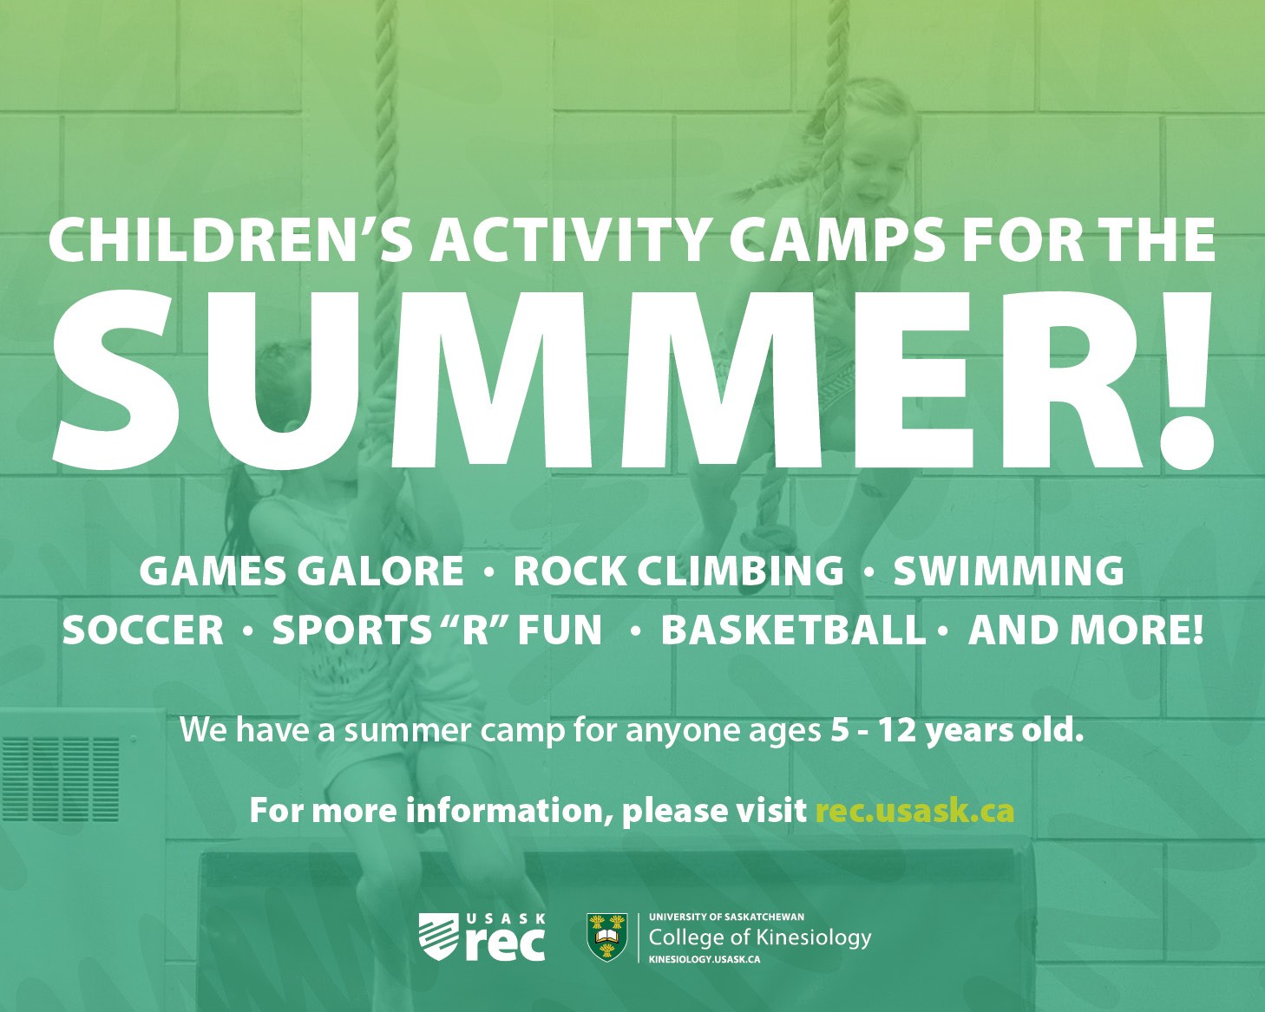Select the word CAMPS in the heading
[x=834, y=240]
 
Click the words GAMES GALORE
[x=302, y=571]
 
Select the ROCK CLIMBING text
[x=678, y=571]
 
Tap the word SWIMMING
[x=1009, y=571]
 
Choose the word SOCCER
[x=143, y=630]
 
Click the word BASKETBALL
[x=792, y=630]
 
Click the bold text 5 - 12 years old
[x=956, y=730]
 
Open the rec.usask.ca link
[x=914, y=811]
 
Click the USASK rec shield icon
[x=438, y=937]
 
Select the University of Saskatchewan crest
[x=607, y=937]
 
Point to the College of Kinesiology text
[x=759, y=938]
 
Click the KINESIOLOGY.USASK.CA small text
[x=705, y=960]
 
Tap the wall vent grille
[x=61, y=780]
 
